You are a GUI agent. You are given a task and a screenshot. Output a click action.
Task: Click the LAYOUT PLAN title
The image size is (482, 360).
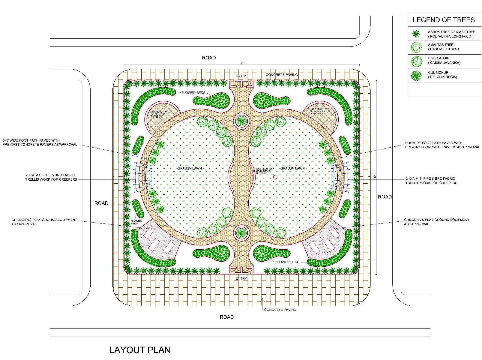[x=140, y=350]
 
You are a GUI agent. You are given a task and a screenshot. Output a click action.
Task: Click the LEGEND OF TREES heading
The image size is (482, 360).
[x=444, y=20]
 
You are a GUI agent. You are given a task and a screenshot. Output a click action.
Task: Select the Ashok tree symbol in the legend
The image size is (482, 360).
[x=416, y=34]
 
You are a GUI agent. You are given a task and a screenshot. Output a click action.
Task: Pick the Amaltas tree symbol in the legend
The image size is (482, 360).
[x=416, y=47]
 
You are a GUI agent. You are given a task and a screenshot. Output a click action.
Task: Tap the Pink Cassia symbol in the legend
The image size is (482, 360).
[x=416, y=61]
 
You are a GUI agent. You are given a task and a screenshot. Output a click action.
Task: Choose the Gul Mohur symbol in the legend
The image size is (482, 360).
[x=416, y=75]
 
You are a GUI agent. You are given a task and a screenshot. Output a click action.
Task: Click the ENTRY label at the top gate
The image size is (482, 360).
[x=241, y=76]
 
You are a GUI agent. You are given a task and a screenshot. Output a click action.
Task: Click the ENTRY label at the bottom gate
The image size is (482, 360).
[x=241, y=278]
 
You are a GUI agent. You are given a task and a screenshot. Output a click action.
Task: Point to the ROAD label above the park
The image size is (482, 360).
[x=209, y=58]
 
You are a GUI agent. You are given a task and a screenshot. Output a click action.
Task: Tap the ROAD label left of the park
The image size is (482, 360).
[x=101, y=203]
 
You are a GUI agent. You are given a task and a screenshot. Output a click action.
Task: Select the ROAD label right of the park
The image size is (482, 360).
[x=385, y=197]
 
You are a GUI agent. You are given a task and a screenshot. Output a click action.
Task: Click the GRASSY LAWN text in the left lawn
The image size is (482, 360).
[x=190, y=168]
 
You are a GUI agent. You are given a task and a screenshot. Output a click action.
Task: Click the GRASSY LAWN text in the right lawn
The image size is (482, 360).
[x=292, y=168]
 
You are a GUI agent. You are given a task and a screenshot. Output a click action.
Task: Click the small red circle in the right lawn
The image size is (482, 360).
[x=275, y=177]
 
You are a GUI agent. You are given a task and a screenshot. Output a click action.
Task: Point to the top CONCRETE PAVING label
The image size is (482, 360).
[x=282, y=74]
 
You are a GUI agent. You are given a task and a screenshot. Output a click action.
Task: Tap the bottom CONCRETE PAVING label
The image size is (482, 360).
[x=280, y=310]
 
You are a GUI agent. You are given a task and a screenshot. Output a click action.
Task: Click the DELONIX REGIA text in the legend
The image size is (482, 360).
[x=442, y=77]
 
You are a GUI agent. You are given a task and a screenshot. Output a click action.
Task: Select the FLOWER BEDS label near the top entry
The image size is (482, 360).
[x=193, y=93]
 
